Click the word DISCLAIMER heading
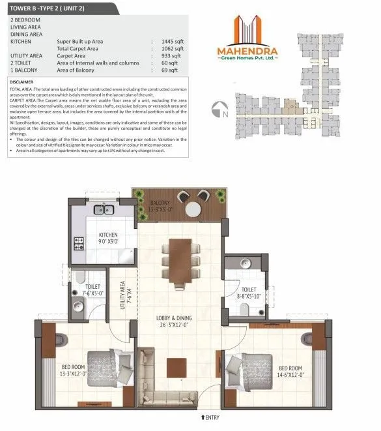[25, 82]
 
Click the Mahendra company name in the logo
[247, 51]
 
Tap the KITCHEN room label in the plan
[107, 235]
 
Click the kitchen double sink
[104, 210]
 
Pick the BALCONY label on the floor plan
[159, 203]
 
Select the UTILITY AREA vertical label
[123, 302]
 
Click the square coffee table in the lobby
[176, 368]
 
